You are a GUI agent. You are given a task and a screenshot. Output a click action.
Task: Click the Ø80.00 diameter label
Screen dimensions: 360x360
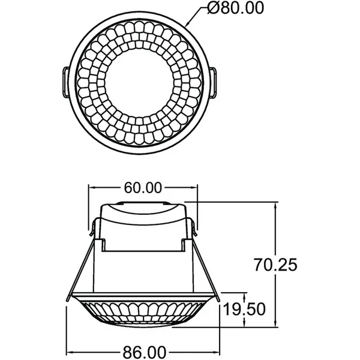pos(236,8)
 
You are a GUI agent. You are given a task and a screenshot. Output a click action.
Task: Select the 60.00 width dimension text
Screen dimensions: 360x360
pos(143,188)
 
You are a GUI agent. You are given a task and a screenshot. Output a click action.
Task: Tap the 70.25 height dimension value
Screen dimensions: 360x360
pos(275,265)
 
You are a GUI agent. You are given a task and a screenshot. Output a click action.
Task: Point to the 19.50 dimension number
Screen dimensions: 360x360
pos(244,309)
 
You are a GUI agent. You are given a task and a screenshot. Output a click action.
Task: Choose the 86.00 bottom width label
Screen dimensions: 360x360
pos(145,352)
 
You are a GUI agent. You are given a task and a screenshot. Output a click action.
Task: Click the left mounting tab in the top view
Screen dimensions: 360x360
pos(66,82)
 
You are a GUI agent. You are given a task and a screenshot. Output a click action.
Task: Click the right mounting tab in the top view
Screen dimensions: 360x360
pos(212,82)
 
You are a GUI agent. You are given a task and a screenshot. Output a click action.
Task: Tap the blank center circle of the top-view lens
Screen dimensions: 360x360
pos(139,83)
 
